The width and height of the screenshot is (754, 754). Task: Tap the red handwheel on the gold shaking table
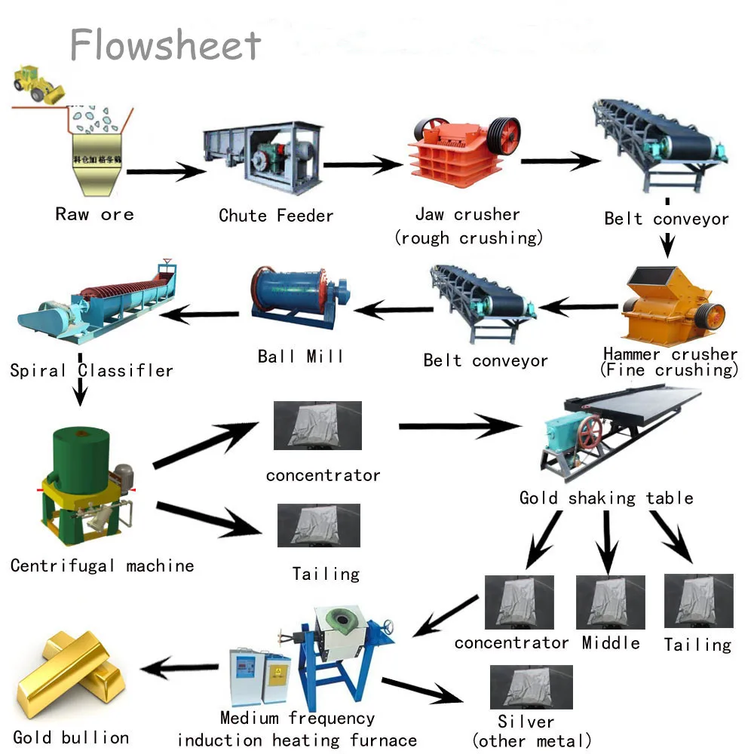[590, 433]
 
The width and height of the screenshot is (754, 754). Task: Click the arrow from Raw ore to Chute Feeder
[166, 173]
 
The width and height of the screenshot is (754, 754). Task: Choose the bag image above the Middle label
[610, 602]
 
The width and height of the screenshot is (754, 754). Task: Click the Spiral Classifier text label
[91, 370]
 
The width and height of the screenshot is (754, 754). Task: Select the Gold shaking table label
[605, 498]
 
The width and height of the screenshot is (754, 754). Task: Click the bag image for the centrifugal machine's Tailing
[318, 526]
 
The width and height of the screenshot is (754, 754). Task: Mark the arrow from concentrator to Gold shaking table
[459, 428]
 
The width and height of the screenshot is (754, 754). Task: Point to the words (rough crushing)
[468, 238]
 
